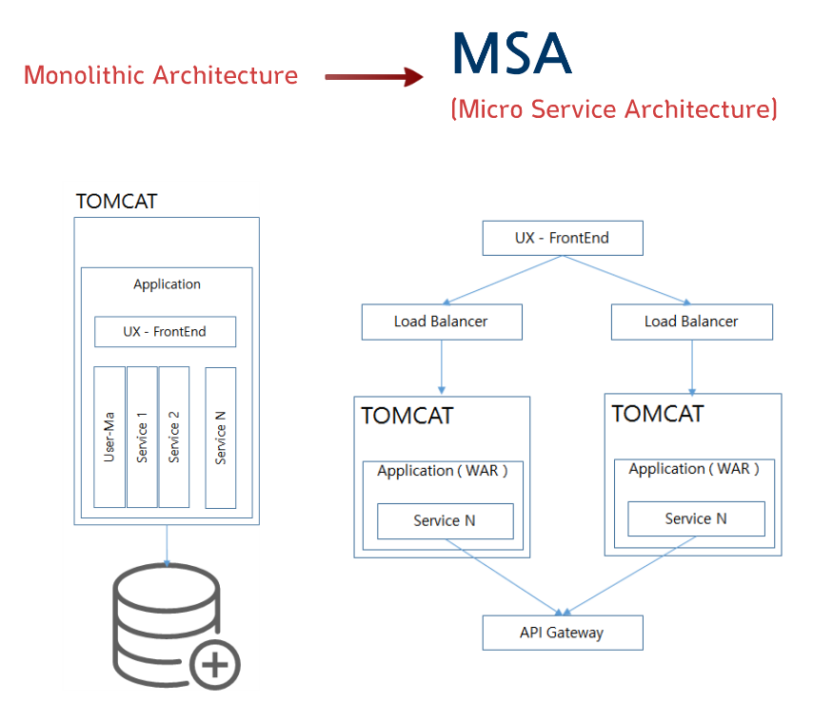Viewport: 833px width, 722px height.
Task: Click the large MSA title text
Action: coord(511,53)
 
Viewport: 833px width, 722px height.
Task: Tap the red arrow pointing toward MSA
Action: coord(374,77)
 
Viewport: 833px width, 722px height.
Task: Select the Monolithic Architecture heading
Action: coord(161,75)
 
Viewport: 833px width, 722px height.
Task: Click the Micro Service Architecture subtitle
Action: coord(614,108)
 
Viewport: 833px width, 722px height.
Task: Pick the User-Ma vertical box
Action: coord(109,437)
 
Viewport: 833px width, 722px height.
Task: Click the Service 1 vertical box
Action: coord(143,437)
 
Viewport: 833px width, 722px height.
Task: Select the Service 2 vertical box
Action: coord(173,437)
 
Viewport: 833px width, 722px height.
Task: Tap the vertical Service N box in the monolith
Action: coord(221,438)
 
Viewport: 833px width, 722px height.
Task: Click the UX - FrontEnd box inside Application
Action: coord(166,332)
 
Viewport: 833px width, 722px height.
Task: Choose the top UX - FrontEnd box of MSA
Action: coord(563,239)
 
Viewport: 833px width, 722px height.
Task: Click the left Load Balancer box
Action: coord(442,322)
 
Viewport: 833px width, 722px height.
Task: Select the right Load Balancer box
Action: coord(692,322)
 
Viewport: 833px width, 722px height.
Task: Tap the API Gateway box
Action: coord(563,633)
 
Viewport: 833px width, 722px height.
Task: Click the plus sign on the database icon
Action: coord(215,665)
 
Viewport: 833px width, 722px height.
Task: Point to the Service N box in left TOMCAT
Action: coord(446,520)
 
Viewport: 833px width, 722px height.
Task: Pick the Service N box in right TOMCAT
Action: coord(697,518)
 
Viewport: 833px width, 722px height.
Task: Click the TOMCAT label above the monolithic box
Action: coord(116,202)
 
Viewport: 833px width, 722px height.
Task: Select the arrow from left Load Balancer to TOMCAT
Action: coord(442,367)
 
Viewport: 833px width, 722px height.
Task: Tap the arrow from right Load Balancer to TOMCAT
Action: coord(692,367)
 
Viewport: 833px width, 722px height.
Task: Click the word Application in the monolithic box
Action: coord(167,284)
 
